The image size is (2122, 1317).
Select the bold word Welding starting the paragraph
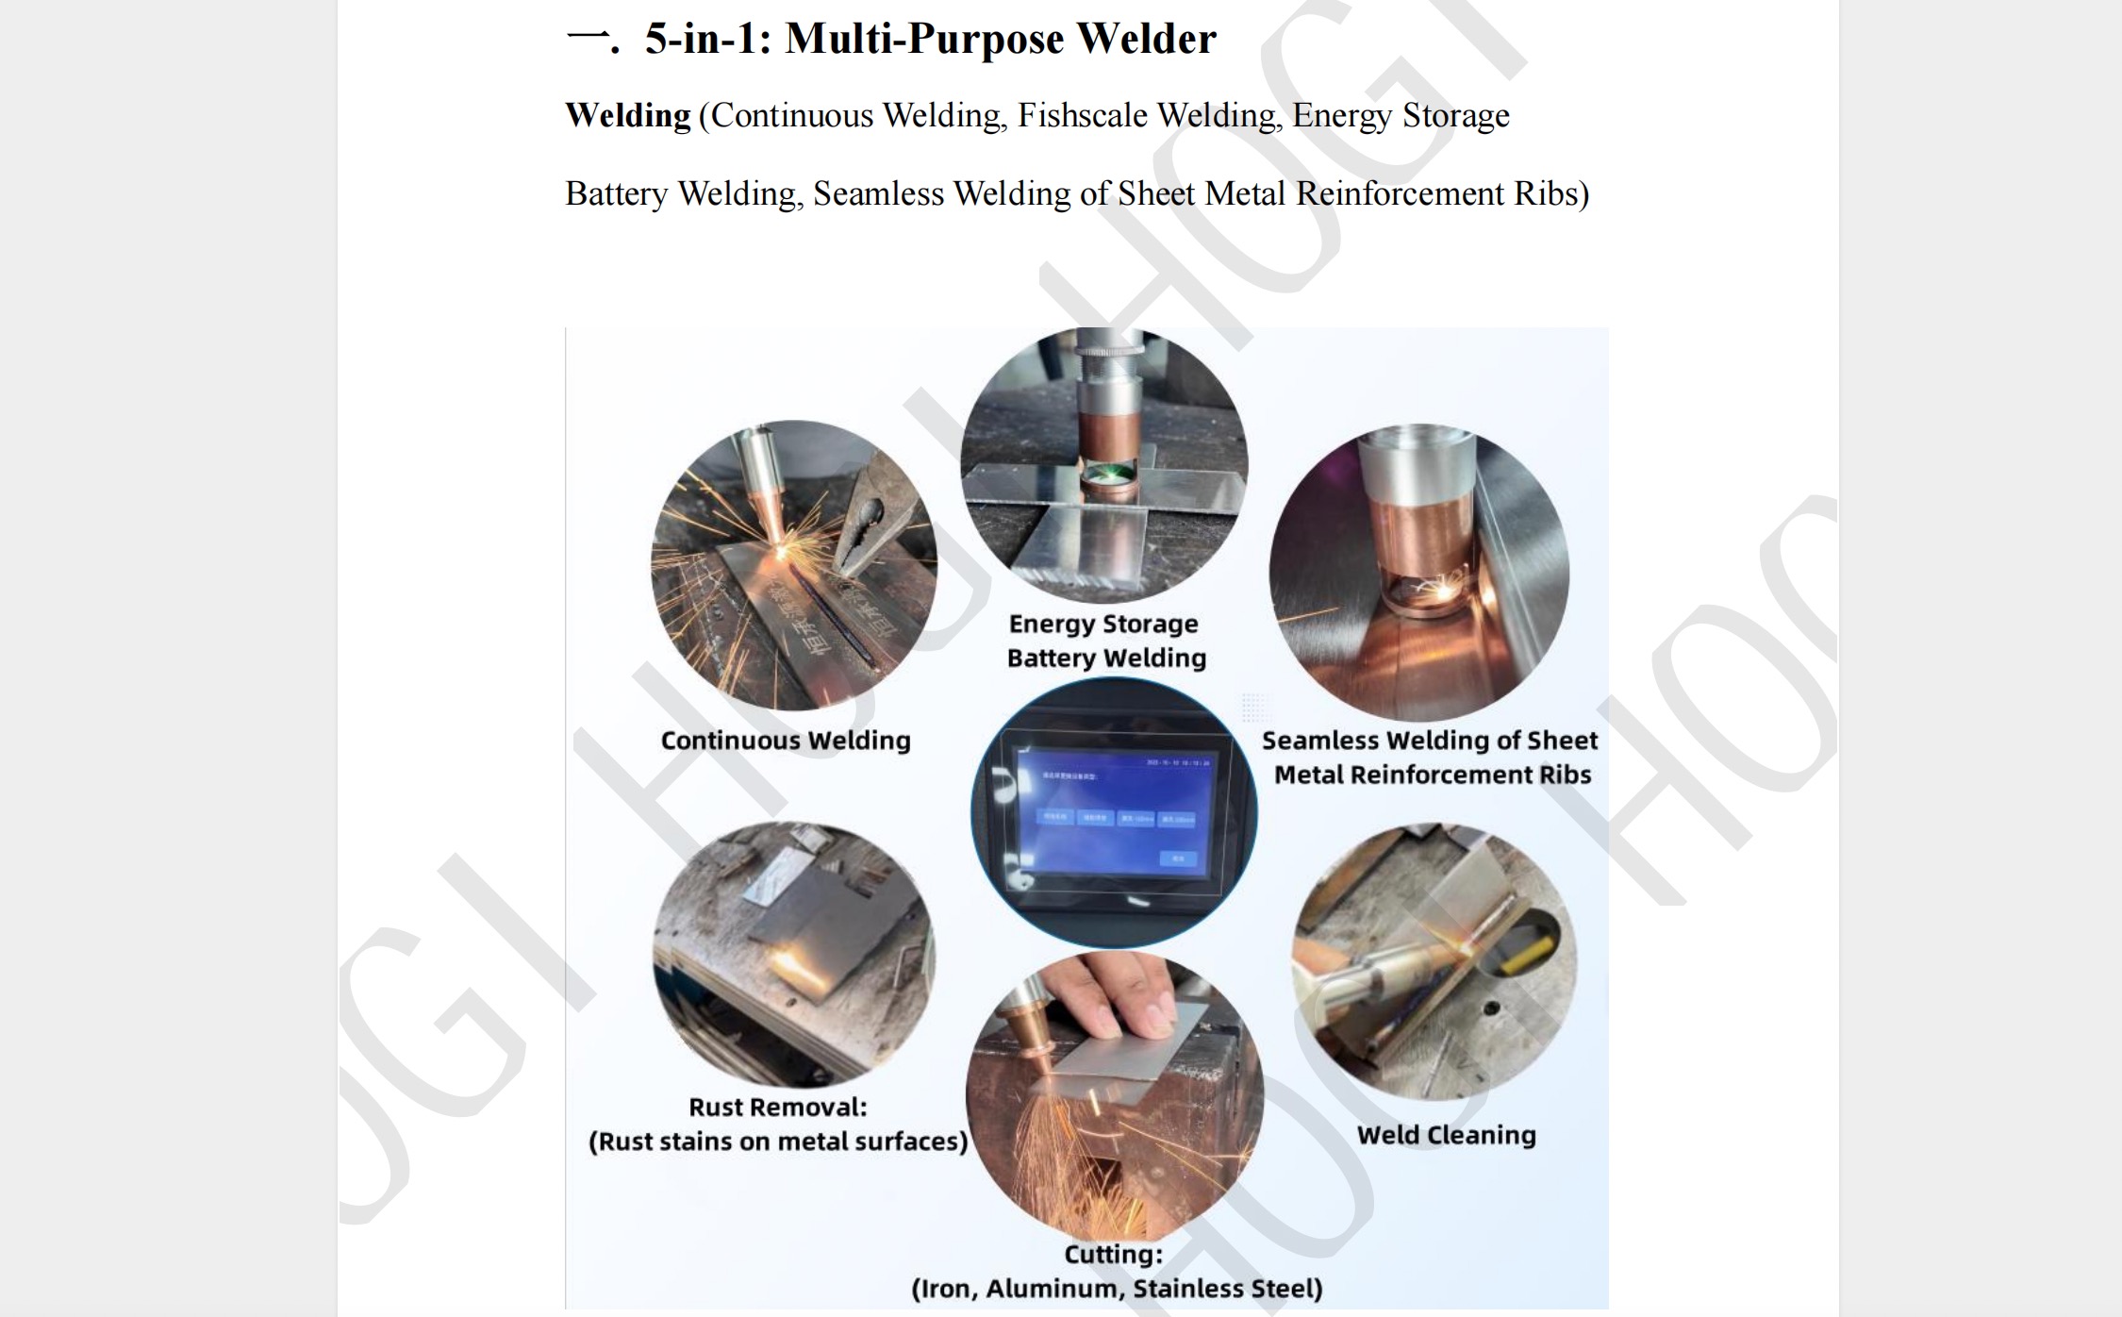(628, 115)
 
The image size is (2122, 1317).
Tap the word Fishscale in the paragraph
(1082, 115)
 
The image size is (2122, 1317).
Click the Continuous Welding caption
(786, 741)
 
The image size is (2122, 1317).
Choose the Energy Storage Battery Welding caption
(1105, 641)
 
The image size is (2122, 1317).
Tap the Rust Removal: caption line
(778, 1107)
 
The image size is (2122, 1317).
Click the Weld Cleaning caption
(1446, 1135)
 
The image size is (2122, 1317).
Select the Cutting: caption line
(1114, 1255)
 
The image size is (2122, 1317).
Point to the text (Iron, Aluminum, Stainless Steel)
(1117, 1289)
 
